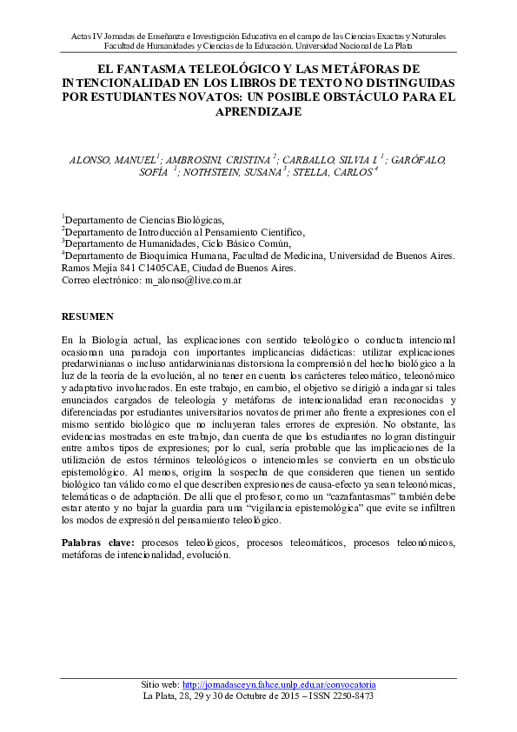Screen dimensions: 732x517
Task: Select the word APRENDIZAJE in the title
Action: click(x=259, y=111)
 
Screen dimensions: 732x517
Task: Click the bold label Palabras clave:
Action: click(x=97, y=542)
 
